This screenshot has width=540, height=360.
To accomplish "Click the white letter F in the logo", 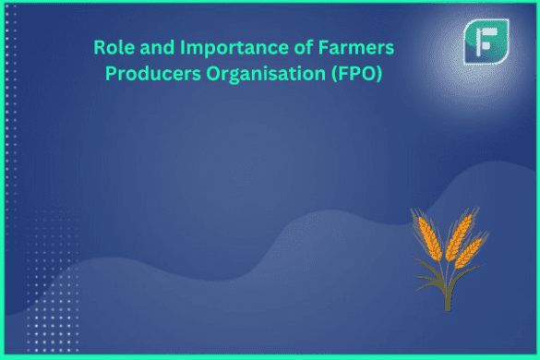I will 483,41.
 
